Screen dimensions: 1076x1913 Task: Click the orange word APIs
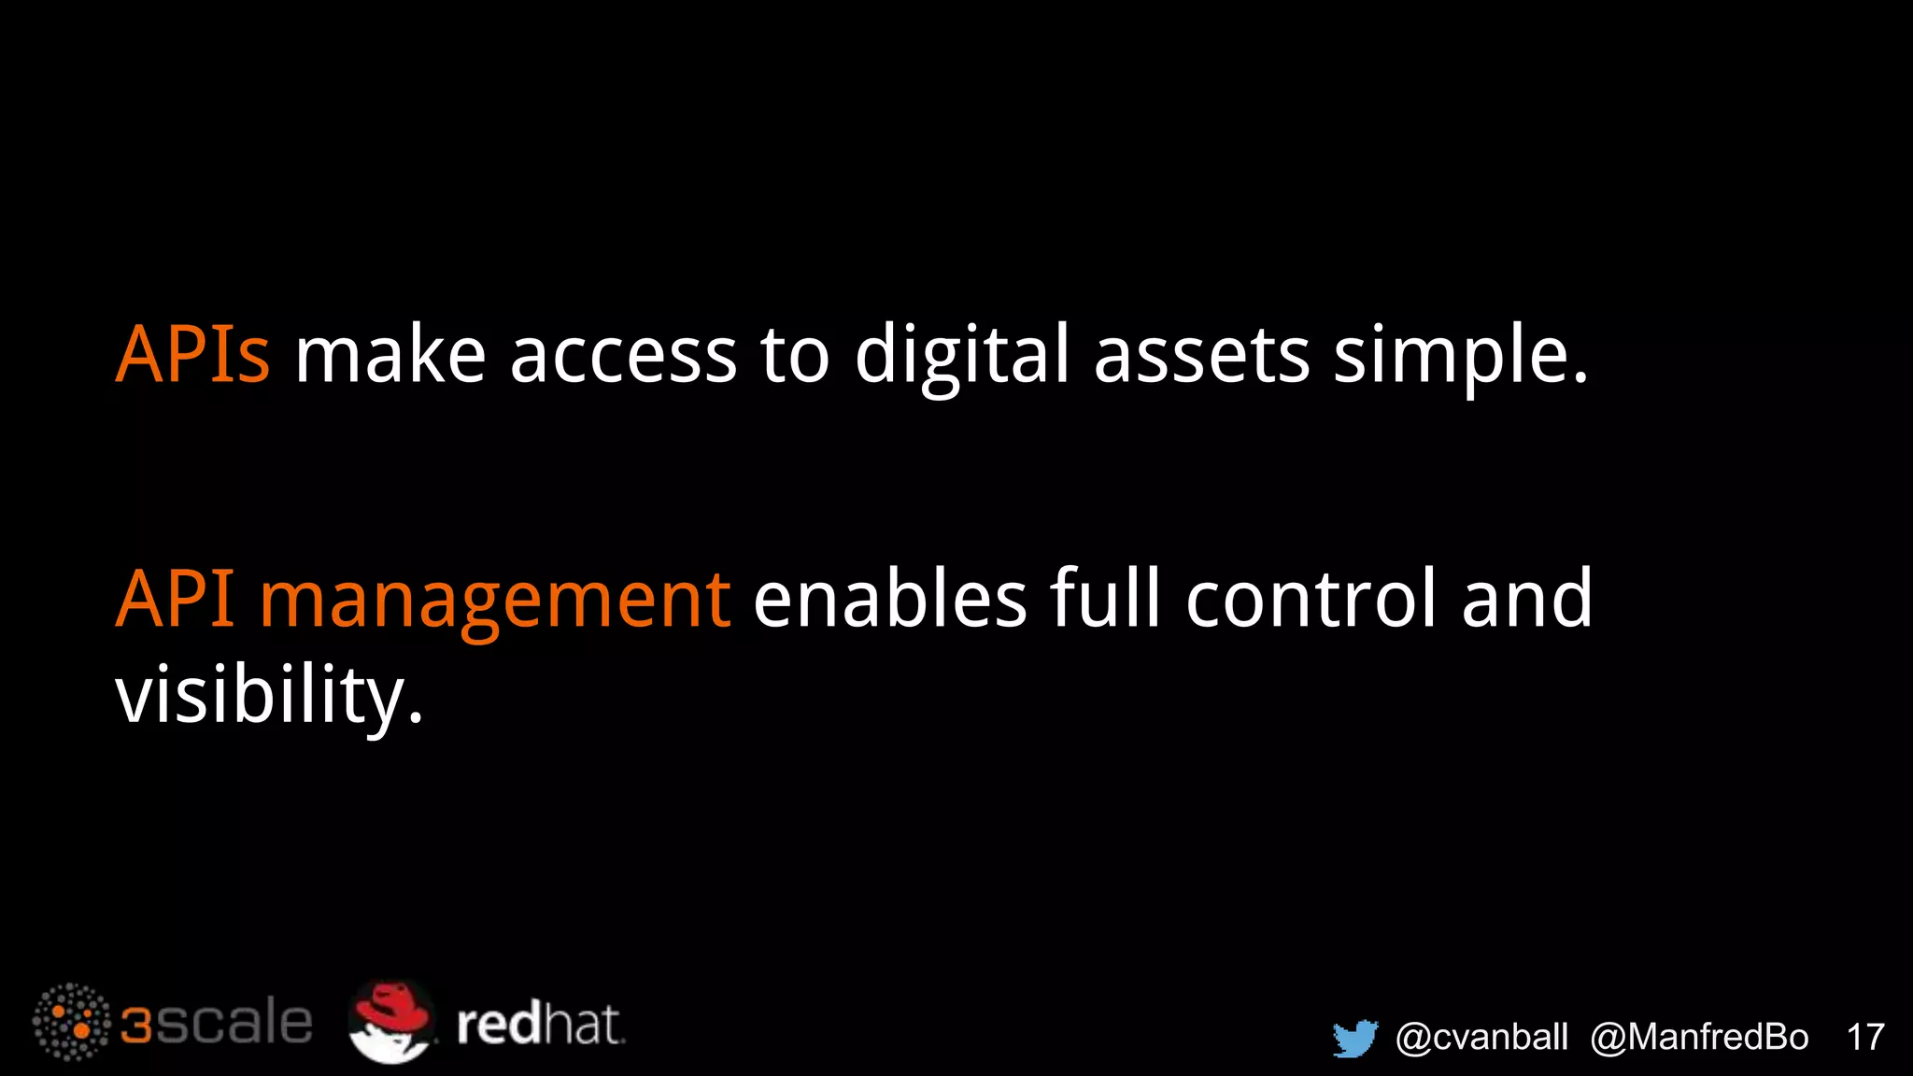[x=192, y=355]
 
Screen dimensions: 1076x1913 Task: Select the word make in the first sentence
[x=390, y=355]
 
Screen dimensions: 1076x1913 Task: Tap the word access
[x=623, y=357]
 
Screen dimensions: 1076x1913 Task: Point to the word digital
[x=961, y=357]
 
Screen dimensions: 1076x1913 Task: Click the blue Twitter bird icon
[x=1355, y=1038]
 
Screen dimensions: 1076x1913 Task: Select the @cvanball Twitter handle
[x=1481, y=1038]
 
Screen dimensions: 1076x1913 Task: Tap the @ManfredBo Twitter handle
[x=1699, y=1038]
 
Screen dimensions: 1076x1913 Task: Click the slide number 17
[x=1865, y=1038]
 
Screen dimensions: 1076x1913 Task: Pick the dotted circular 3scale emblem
[x=71, y=1022]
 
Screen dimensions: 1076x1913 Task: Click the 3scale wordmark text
[x=217, y=1024]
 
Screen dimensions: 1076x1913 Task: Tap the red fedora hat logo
[x=391, y=1021]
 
